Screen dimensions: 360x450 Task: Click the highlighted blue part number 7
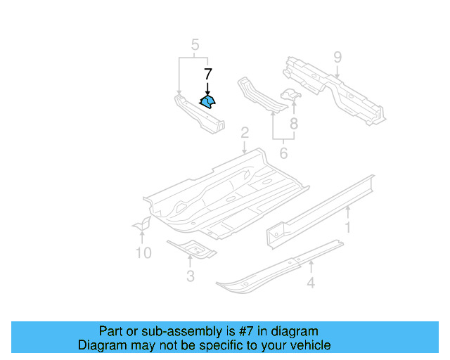pyautogui.click(x=207, y=103)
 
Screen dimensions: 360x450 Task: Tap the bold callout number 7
pyautogui.click(x=207, y=75)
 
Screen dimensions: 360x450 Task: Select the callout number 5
pyautogui.click(x=193, y=46)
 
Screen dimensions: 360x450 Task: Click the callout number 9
pyautogui.click(x=337, y=56)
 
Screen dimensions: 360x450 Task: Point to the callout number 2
pyautogui.click(x=244, y=133)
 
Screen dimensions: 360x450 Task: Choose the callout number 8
pyautogui.click(x=294, y=124)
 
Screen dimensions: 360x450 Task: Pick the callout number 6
pyautogui.click(x=283, y=153)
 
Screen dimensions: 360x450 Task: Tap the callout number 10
pyautogui.click(x=143, y=252)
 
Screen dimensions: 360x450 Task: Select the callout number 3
pyautogui.click(x=190, y=276)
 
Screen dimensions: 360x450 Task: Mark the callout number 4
pyautogui.click(x=310, y=283)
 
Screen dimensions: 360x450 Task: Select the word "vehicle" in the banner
pyautogui.click(x=309, y=345)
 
